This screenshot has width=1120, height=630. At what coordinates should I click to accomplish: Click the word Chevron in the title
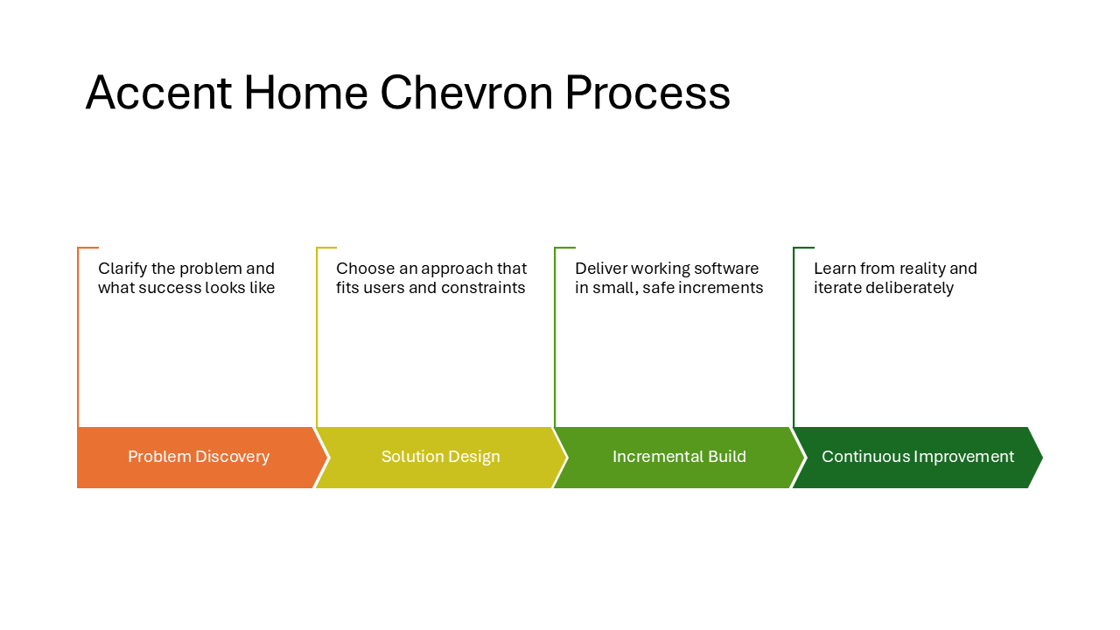pyautogui.click(x=467, y=93)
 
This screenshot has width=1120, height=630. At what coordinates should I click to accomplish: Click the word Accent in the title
pyautogui.click(x=158, y=93)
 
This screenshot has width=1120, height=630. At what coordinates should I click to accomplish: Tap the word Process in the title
pyautogui.click(x=647, y=93)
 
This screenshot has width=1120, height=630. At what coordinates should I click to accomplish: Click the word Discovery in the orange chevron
pyautogui.click(x=231, y=457)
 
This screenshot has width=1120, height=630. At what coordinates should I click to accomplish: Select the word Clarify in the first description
pyautogui.click(x=122, y=269)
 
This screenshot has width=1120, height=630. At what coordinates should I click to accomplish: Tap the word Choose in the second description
pyautogui.click(x=363, y=269)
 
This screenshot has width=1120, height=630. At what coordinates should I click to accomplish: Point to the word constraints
pyautogui.click(x=485, y=288)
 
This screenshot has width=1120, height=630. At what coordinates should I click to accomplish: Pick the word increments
pyautogui.click(x=722, y=288)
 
